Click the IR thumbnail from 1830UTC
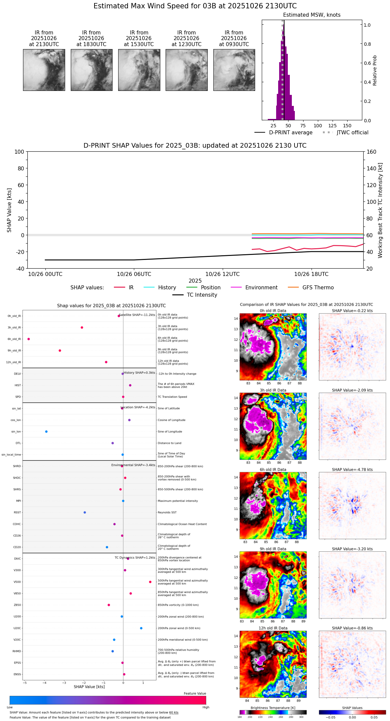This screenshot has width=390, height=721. tap(91, 70)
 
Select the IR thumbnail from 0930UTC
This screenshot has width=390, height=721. tap(234, 70)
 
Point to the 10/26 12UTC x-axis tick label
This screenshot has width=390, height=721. tap(222, 274)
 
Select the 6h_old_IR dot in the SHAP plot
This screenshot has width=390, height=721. tap(29, 339)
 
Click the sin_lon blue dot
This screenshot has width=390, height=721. tap(46, 432)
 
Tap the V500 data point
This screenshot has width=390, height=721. tap(150, 582)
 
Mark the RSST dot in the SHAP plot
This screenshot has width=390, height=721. tap(85, 513)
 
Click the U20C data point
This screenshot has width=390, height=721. tap(141, 628)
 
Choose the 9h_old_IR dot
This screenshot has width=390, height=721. tap(60, 350)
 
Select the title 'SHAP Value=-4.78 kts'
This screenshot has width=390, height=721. tap(352, 470)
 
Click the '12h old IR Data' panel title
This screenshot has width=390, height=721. tap(273, 628)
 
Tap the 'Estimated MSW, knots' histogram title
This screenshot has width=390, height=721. tap(312, 15)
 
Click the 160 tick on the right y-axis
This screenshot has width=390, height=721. tap(371, 152)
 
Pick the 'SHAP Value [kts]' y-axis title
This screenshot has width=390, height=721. tap(9, 210)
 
